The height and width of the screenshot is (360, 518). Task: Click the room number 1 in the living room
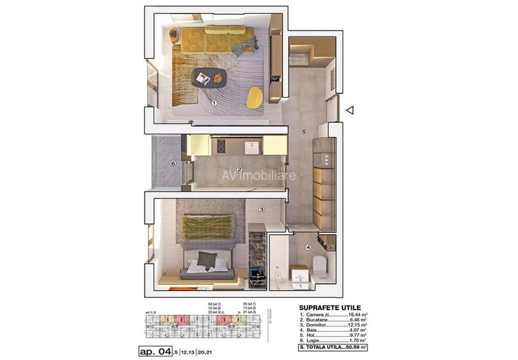click(x=214, y=102)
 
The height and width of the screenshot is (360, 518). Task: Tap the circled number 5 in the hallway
click(x=304, y=132)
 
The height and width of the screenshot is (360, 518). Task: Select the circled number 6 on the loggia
click(x=173, y=163)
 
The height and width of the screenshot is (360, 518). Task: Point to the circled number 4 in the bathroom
click(x=308, y=248)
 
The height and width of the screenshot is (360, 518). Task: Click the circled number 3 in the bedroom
click(x=261, y=209)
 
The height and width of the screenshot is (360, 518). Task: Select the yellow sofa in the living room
click(x=217, y=41)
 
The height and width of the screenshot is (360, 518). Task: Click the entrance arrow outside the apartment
click(x=349, y=111)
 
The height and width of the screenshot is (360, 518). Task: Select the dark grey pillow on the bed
click(x=206, y=258)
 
